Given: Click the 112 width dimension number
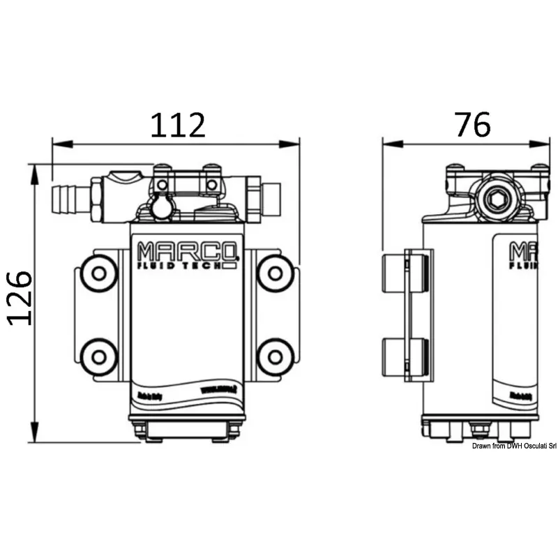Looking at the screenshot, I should point(178,124).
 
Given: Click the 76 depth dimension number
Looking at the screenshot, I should point(472,124).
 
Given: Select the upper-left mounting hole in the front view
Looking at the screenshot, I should point(98,275).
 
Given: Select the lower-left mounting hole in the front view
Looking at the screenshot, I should point(98,357).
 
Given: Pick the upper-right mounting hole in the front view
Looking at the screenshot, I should point(274,275).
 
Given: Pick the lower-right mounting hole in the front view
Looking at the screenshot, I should point(274,357).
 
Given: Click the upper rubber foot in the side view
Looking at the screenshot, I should point(405,274).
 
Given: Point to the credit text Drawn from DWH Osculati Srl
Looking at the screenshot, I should point(513,446).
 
